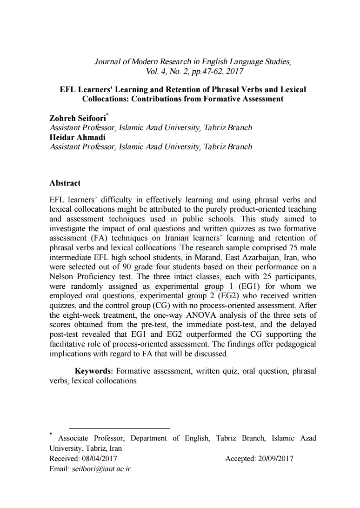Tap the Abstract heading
[65, 183]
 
